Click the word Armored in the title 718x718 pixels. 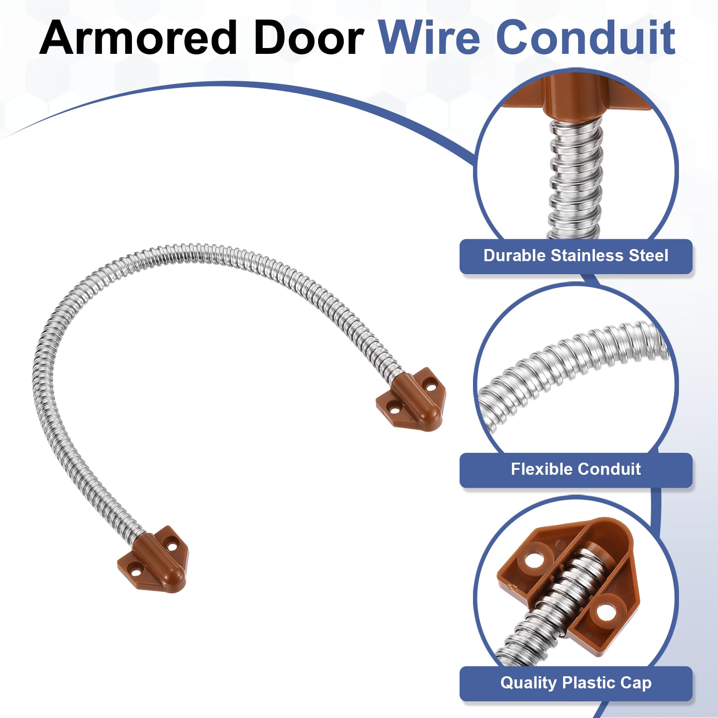click(138, 38)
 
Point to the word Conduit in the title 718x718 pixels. click(586, 38)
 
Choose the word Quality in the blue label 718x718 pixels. click(528, 683)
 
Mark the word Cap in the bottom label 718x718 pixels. click(636, 683)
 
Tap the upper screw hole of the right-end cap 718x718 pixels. click(431, 385)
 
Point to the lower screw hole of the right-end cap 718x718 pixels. click(394, 409)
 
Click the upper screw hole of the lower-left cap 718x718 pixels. click(172, 547)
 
